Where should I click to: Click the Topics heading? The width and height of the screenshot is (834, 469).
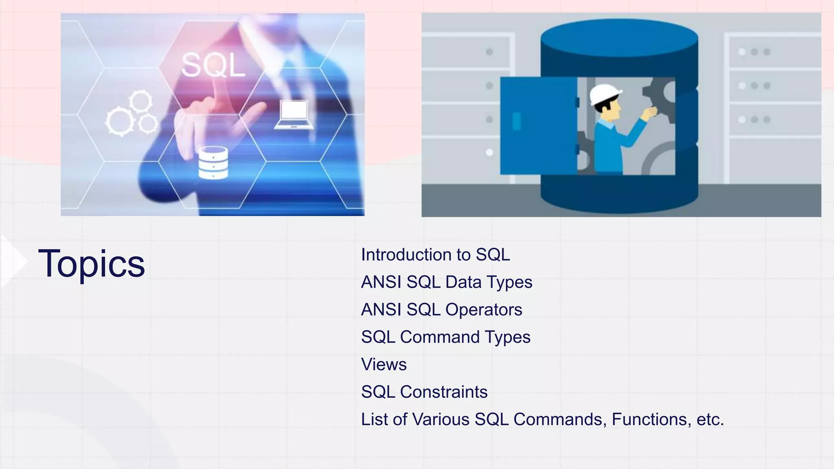pos(91,264)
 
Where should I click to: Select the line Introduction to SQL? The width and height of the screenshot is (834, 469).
pos(435,255)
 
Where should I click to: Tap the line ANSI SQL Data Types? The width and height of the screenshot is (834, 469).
pos(446,282)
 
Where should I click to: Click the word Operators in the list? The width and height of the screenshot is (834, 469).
pos(483,310)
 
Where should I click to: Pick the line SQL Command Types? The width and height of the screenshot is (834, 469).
pos(446,337)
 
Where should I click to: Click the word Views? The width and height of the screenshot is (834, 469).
pos(384,364)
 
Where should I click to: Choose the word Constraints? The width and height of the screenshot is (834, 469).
pos(443,392)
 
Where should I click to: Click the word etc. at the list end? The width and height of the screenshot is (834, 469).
pos(710,419)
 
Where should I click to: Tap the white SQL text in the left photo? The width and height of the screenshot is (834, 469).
pos(213,65)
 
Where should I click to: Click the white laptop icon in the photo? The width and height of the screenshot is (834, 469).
pos(294,114)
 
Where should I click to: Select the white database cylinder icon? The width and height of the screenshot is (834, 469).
pos(213,163)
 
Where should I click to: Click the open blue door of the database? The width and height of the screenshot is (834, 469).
pos(538,126)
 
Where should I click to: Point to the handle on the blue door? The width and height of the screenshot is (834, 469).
pos(516,121)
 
